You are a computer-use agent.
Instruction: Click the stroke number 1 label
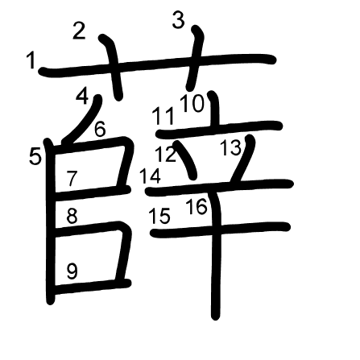pos(31,60)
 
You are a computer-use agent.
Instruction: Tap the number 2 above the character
pos(79,31)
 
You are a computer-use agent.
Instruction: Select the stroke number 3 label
pos(179,20)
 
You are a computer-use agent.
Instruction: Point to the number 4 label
pos(82,97)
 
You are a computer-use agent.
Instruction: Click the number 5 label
pos(35,156)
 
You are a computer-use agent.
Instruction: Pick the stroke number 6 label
pos(100,129)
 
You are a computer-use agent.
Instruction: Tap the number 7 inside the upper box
pos(72,178)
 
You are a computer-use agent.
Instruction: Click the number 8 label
pos(72,216)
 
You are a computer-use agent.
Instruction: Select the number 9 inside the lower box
pos(72,271)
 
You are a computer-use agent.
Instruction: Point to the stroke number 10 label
pos(192,103)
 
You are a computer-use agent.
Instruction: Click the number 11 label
pos(163,116)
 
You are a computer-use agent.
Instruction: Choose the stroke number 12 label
pos(166,154)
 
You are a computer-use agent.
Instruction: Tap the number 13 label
pos(231,148)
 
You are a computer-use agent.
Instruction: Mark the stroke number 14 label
pos(151,176)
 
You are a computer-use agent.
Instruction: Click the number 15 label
pos(159,216)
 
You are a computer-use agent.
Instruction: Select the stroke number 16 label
pos(197,206)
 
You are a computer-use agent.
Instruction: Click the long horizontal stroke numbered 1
pos(157,65)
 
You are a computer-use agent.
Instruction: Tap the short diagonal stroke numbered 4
pos(83,120)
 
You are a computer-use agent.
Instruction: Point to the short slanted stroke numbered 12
pos(186,160)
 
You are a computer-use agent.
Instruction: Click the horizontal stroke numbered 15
pos(220,230)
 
